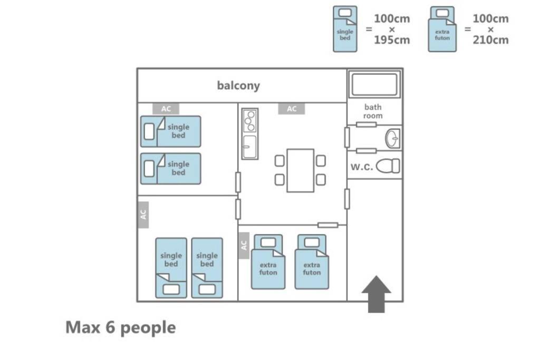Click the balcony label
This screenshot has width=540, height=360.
[x=238, y=86]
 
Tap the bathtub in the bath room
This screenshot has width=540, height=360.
[x=374, y=84]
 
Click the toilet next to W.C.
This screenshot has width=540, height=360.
[x=388, y=166]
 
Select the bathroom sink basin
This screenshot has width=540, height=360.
[x=392, y=138]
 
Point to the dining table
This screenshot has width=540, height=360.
[x=300, y=170]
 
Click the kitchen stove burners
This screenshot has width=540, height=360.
[x=250, y=121]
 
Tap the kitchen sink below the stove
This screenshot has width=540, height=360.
[x=249, y=147]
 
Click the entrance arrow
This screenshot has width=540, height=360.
[x=376, y=294]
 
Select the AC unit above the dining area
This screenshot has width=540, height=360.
[x=292, y=109]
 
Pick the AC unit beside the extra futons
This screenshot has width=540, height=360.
[x=244, y=246]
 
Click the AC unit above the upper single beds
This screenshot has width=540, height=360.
[x=166, y=109]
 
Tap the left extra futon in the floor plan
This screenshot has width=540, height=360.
[x=268, y=262]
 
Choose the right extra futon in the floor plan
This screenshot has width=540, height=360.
[x=312, y=262]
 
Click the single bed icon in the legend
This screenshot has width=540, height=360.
[x=345, y=29]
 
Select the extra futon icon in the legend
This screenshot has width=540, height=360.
[x=442, y=29]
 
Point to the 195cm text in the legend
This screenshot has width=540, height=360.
[x=392, y=40]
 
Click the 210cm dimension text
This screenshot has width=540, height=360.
[x=490, y=40]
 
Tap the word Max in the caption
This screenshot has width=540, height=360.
[x=83, y=327]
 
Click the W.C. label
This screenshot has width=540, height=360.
[x=362, y=167]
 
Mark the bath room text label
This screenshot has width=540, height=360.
[x=373, y=112]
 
